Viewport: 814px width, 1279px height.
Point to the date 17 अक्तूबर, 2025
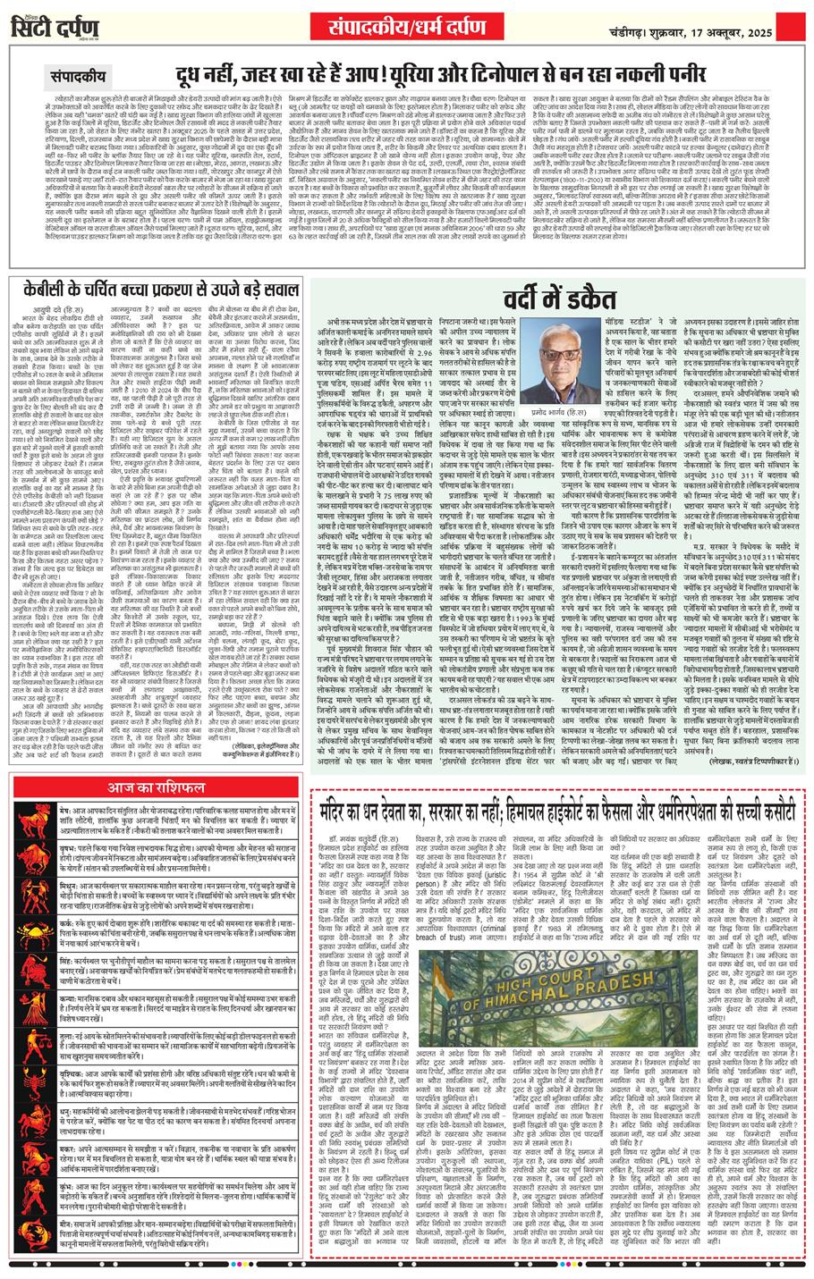(743, 21)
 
